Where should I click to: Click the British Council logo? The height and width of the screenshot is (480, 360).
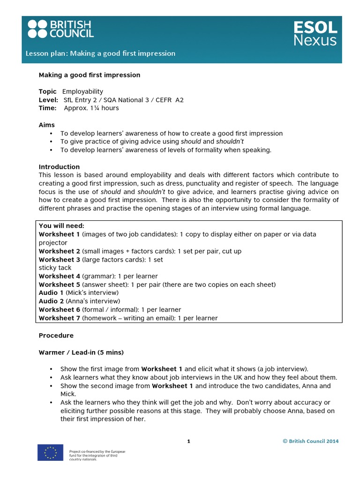coord(60,29)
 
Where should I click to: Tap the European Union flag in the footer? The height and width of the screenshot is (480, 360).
coord(50,452)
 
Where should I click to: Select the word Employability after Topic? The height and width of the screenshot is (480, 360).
coord(82,91)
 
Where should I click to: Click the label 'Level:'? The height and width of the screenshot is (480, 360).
coord(48,100)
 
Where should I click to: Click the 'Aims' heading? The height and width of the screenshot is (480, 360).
coord(46,125)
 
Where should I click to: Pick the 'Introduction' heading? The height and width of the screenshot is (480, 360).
coord(59,167)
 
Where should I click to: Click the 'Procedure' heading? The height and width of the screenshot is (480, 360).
coord(56,336)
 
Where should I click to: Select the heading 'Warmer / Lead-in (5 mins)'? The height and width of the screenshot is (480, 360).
coord(81,352)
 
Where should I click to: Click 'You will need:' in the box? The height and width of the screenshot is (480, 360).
coord(61,226)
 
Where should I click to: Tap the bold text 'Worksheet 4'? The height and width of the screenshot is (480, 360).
coord(60,276)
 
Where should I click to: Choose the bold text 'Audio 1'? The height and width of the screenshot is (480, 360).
coord(51,292)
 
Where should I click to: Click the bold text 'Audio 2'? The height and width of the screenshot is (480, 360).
coord(51,301)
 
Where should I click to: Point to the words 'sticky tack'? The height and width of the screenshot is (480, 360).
coord(55,268)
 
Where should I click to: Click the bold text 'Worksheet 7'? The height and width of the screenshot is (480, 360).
coord(60,318)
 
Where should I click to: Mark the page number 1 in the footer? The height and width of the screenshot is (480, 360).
coord(188,441)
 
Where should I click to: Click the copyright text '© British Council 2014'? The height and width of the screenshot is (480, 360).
coord(310,441)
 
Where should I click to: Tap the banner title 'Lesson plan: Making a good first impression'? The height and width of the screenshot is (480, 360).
coord(100,53)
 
